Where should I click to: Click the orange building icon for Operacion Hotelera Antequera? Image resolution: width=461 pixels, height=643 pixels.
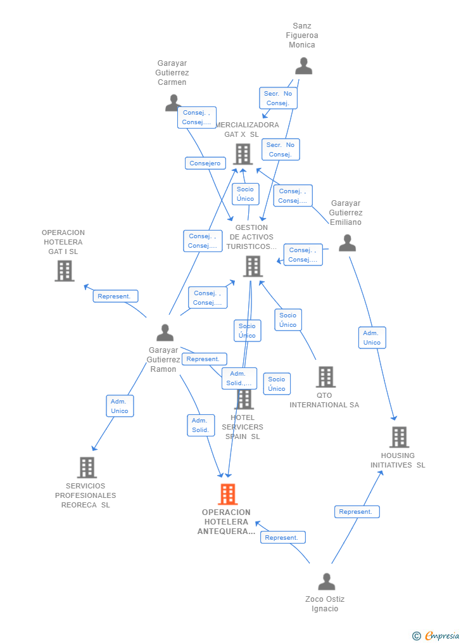point(227,493)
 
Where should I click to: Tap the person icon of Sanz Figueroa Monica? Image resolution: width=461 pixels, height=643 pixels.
point(303,66)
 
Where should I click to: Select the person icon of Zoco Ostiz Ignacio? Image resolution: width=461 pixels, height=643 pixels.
point(326,582)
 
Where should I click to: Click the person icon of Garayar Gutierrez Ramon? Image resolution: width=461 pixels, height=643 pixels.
point(165,333)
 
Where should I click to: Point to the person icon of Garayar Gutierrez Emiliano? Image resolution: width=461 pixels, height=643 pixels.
point(347,243)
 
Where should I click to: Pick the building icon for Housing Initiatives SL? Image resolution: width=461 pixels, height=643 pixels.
point(399,437)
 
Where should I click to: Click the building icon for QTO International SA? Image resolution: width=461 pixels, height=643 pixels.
point(325,377)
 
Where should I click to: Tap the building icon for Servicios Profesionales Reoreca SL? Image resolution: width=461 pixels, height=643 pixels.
point(87,468)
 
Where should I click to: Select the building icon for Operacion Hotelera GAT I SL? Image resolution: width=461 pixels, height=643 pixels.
point(64,271)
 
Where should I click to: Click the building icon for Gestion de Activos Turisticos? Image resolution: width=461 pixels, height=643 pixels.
point(253,266)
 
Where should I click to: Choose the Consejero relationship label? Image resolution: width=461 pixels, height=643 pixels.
point(205,163)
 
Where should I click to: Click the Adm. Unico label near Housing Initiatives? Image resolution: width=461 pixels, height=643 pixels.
point(372,338)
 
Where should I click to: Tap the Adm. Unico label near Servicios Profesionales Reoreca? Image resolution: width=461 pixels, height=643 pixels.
point(120,406)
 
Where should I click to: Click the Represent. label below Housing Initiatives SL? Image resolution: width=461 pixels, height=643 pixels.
point(357,512)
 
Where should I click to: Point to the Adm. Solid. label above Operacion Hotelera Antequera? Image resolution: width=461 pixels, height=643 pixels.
point(200,426)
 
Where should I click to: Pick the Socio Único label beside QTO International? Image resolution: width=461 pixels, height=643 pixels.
point(288,320)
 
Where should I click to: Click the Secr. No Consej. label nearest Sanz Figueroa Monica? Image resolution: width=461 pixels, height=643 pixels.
point(278,98)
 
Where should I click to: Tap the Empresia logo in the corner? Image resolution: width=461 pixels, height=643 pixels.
point(436,635)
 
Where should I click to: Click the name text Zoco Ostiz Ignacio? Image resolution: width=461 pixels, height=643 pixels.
point(325,604)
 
